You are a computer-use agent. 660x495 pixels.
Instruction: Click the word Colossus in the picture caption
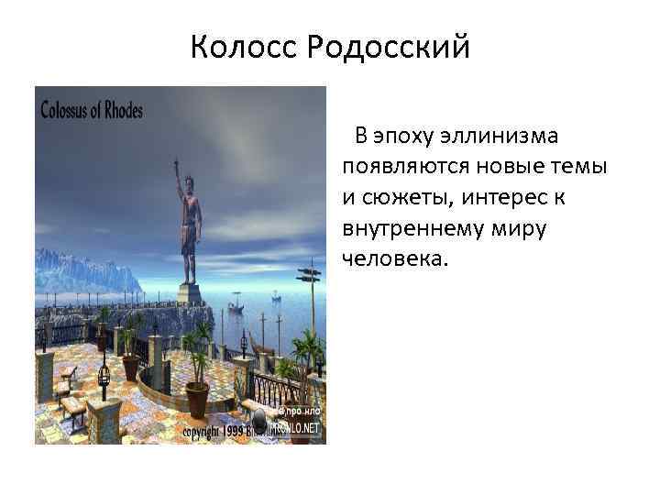pos(72,110)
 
